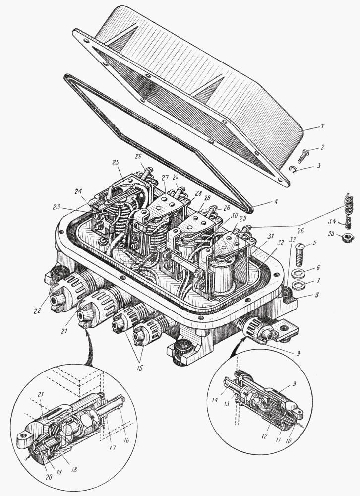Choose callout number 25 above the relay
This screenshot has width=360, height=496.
coord(116,162)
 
